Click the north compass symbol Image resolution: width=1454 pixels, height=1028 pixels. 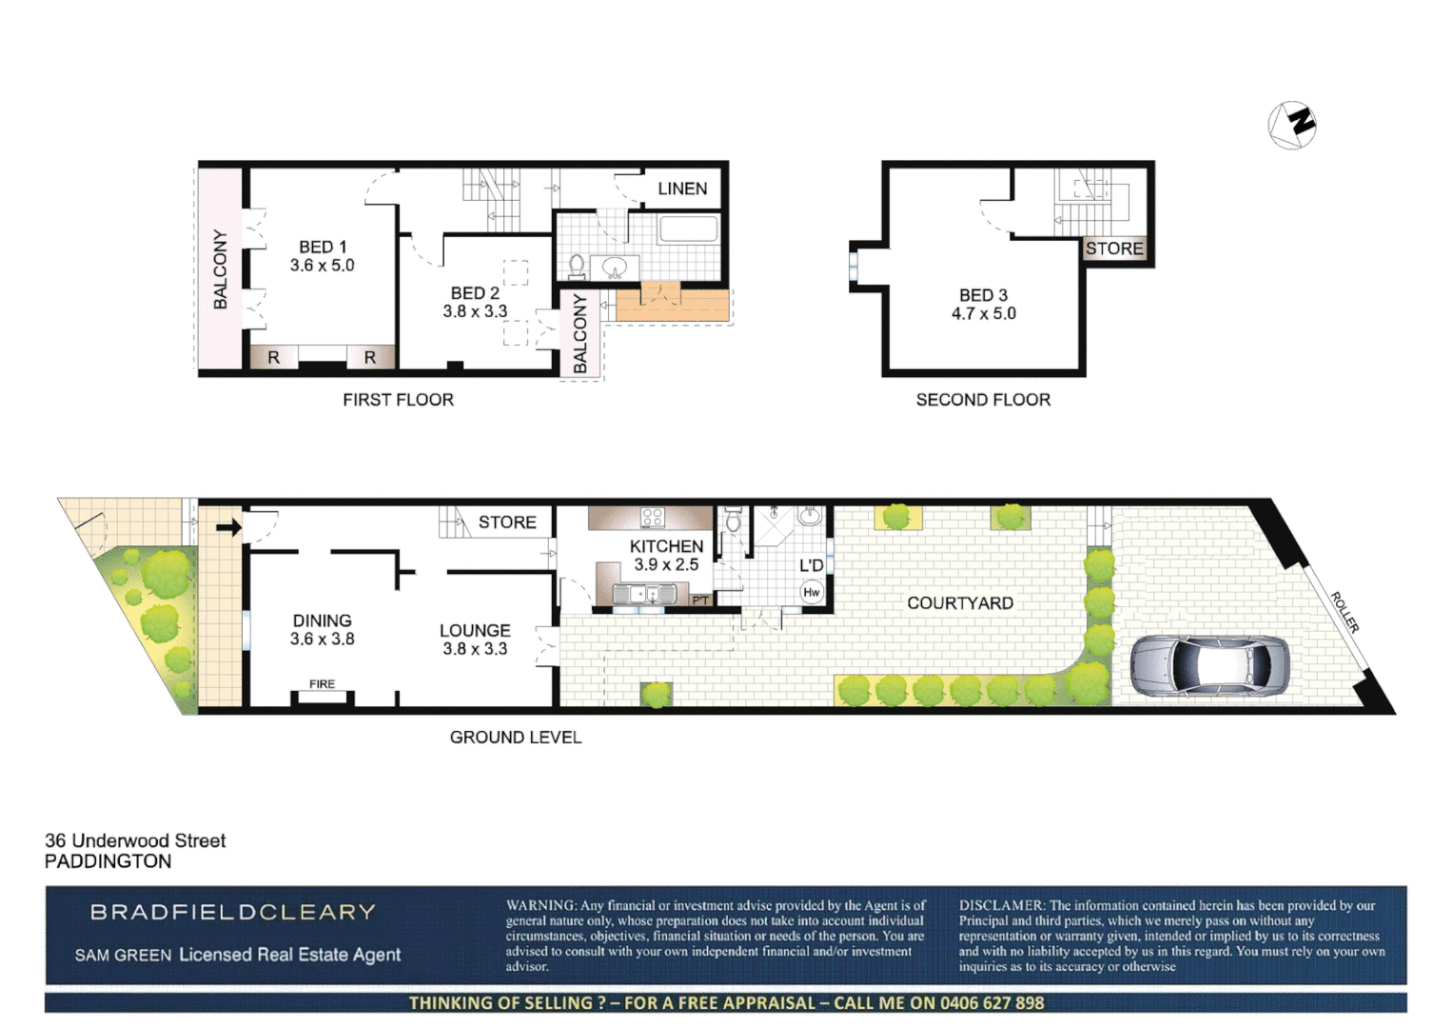click(x=1291, y=124)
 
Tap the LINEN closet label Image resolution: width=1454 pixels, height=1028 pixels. click(x=682, y=188)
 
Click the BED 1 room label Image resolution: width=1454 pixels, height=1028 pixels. click(x=323, y=247)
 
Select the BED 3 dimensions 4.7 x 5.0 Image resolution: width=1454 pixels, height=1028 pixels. click(x=983, y=313)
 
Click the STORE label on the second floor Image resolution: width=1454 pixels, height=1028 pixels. click(x=1113, y=248)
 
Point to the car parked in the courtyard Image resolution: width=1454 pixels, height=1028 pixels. click(x=1209, y=666)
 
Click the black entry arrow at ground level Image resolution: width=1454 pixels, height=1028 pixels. click(x=228, y=527)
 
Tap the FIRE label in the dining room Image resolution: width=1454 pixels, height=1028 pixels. click(x=322, y=683)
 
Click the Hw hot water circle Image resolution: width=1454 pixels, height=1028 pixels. click(x=811, y=592)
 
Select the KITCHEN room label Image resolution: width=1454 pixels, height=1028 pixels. click(x=666, y=545)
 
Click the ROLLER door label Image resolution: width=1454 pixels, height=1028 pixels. click(x=1344, y=612)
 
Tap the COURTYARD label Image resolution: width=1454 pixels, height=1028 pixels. click(x=959, y=603)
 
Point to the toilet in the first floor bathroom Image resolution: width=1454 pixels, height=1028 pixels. click(x=577, y=264)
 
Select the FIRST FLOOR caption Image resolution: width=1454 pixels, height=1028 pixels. click(x=398, y=400)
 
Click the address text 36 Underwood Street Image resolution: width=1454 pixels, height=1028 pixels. click(x=135, y=840)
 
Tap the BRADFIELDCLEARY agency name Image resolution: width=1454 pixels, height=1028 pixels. click(x=233, y=912)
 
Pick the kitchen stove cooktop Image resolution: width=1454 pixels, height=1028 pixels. click(x=652, y=518)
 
